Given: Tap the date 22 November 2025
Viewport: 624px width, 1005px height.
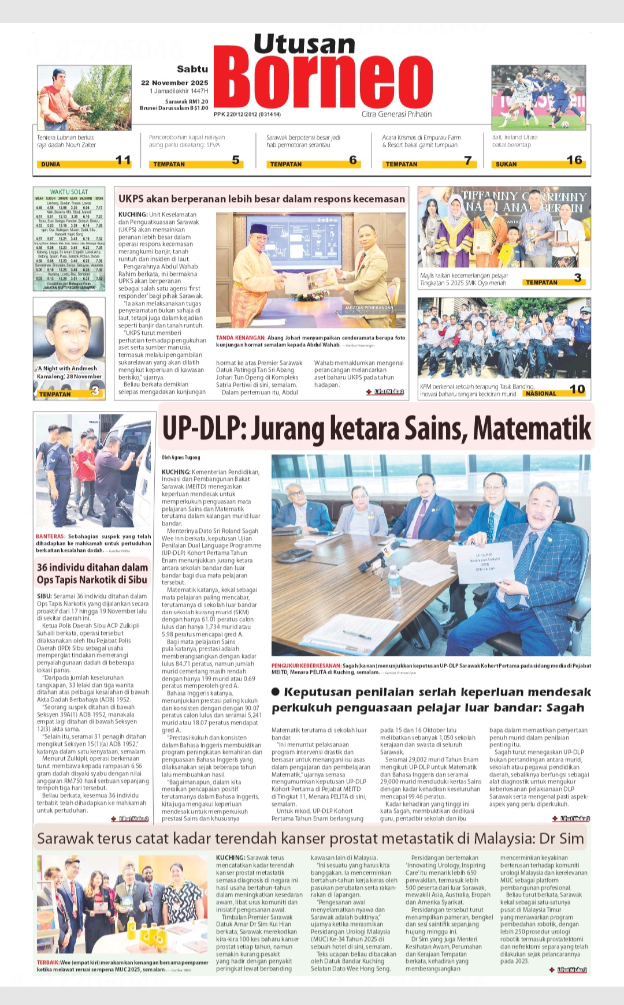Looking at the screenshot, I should (174, 83).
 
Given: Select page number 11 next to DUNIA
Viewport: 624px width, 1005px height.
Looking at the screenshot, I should (123, 160).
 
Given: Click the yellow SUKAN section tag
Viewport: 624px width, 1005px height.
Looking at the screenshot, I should (506, 165).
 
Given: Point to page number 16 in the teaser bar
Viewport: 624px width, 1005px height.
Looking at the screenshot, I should (574, 160).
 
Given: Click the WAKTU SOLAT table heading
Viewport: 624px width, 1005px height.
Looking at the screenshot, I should (69, 192).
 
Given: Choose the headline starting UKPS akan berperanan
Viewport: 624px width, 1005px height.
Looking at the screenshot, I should (262, 199).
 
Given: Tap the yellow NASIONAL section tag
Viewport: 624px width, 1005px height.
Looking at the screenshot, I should (541, 394).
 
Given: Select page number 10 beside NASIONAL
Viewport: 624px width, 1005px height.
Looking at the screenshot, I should (577, 390).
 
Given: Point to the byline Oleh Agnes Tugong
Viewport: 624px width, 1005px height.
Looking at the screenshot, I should (181, 457).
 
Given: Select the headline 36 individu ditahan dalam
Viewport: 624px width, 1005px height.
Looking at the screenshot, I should (92, 567).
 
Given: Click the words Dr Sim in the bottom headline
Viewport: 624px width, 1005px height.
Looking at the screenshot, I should (564, 838).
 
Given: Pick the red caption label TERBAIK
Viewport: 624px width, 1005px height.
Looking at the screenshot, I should (48, 962).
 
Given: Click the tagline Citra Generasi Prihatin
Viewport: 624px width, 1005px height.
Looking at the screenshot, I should (396, 114).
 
